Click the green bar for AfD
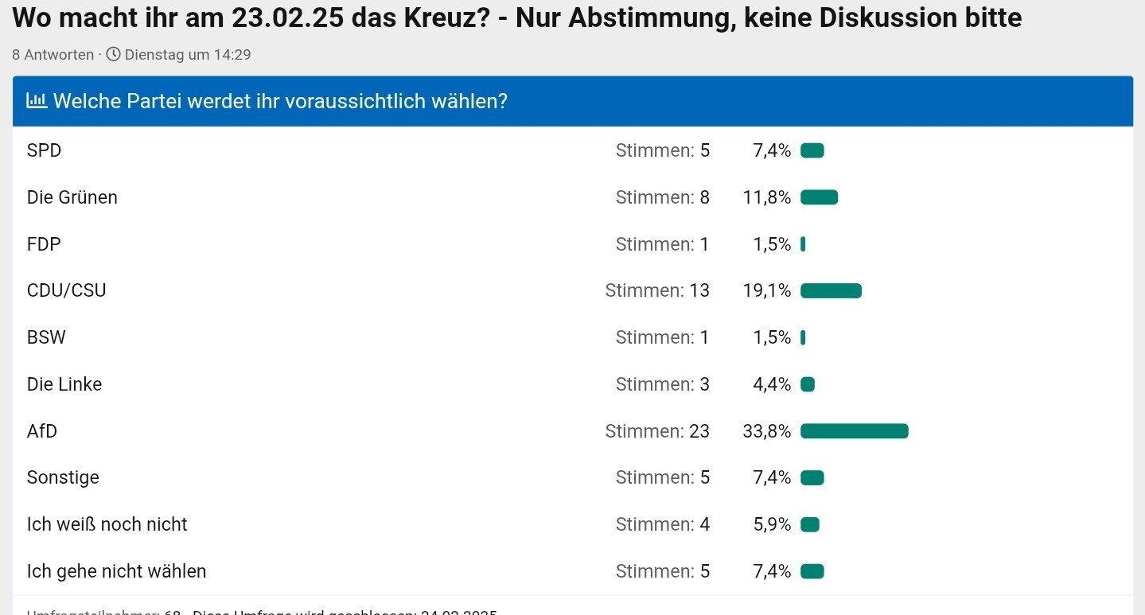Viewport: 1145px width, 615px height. (x=854, y=431)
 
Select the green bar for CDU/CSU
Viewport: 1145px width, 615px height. (x=831, y=291)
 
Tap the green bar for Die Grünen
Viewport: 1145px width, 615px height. (x=819, y=197)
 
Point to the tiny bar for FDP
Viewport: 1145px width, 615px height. (x=803, y=244)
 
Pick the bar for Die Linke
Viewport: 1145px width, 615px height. (x=808, y=385)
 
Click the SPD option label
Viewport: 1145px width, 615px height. (x=44, y=150)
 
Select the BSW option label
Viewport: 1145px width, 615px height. (x=46, y=337)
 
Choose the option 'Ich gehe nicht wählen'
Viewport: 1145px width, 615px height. (x=116, y=571)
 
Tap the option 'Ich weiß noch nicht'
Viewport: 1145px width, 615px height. (x=107, y=524)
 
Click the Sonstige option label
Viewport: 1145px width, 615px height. (x=63, y=477)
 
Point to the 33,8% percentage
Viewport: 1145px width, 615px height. (x=766, y=431)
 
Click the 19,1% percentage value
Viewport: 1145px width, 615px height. (x=766, y=291)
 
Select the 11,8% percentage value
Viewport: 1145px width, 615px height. (x=766, y=197)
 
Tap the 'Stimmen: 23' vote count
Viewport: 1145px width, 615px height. (x=657, y=431)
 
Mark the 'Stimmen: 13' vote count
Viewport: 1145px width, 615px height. (x=657, y=291)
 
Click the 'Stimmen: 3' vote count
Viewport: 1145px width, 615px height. (x=662, y=385)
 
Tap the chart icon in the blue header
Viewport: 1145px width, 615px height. (x=37, y=101)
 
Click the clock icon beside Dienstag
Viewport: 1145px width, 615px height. (x=114, y=54)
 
